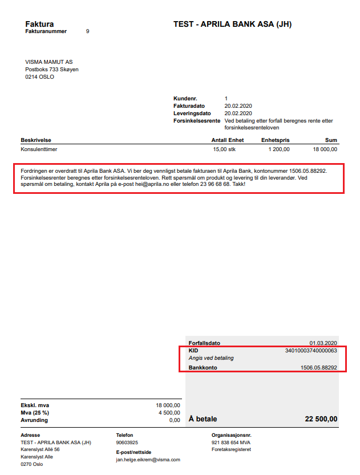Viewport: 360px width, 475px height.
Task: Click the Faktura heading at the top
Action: coord(39,24)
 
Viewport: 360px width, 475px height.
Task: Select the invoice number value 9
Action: coord(87,31)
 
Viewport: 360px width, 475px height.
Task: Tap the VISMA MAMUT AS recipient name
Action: coord(49,62)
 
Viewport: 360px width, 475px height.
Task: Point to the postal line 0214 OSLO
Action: coord(40,76)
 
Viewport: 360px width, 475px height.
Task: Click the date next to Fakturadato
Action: coord(238,106)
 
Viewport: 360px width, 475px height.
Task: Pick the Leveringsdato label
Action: coord(192,113)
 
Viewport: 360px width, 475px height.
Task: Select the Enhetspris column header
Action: coord(276,140)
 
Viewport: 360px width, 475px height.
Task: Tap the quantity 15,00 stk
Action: coord(224,149)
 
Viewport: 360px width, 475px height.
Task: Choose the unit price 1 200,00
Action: coord(279,149)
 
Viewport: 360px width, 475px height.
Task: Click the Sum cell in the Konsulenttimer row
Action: coord(325,149)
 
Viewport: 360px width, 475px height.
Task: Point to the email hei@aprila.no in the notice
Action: coord(160,184)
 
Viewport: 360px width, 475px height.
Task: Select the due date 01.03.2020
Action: coord(323,343)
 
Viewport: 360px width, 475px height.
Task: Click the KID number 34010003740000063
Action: coord(311,350)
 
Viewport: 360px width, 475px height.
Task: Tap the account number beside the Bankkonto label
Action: coord(319,368)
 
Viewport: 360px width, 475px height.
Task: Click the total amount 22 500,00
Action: coord(321,419)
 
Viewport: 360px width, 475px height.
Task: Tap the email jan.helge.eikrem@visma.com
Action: coord(148,459)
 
